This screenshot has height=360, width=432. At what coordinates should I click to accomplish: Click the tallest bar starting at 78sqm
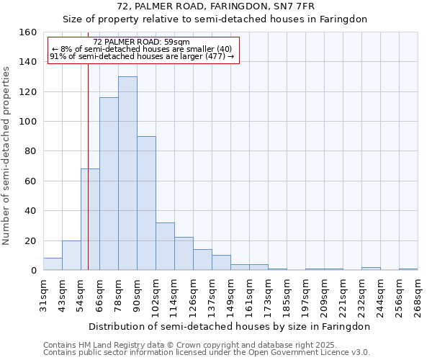coord(127,173)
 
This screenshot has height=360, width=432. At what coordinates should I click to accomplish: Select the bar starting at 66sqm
coord(109,184)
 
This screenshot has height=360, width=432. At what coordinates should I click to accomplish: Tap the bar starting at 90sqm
coord(146,203)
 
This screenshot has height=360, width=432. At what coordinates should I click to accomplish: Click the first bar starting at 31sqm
coord(53,264)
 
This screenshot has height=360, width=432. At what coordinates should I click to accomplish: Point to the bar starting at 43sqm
coord(71,256)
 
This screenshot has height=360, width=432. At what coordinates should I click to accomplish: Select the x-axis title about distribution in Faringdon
coord(229,326)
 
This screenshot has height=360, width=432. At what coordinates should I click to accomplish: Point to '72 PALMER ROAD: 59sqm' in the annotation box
coord(142,42)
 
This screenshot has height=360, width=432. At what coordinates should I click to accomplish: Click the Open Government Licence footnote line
coord(206,353)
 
